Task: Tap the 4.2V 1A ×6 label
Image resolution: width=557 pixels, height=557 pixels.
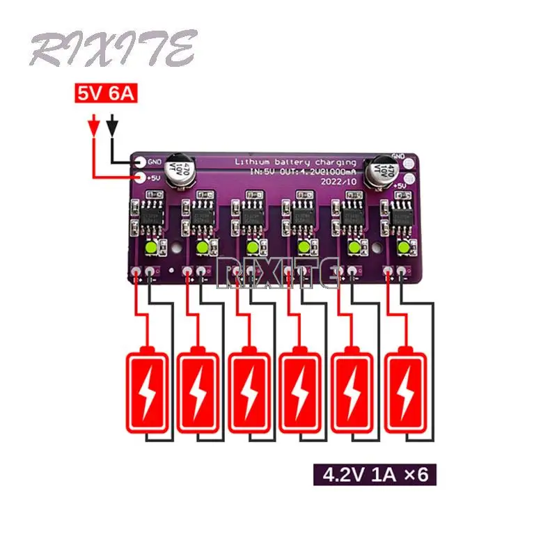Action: [374, 476]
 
